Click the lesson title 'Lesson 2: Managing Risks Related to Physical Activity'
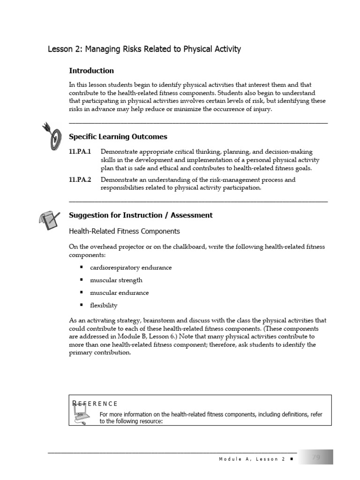pos(144,49)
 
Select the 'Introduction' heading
pos(91,71)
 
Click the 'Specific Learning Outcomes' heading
pos(118,137)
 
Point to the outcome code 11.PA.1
pos(80,152)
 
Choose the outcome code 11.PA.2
pos(80,180)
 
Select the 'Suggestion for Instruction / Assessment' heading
pos(141,215)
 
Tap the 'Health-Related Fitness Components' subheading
pos(124,231)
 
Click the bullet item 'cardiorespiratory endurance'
pos(131,268)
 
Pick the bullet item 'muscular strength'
pos(116,280)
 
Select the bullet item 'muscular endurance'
pos(120,293)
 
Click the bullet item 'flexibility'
pos(104,306)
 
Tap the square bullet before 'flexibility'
pos(81,305)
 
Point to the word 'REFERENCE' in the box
pos(95,403)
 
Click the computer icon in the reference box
pos(82,415)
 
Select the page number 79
pos(316,457)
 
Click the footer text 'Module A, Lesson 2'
pos(252,459)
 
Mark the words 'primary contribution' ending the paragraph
pos(100,352)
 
